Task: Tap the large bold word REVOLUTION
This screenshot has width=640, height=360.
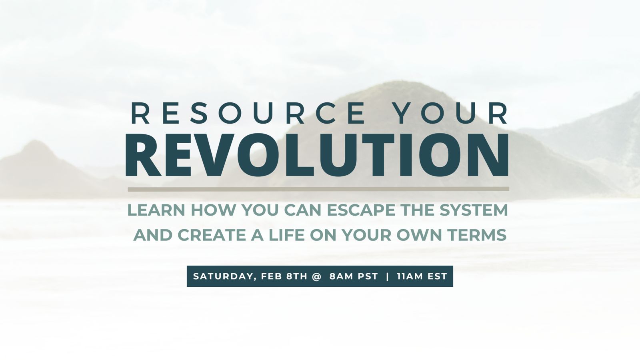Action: (x=317, y=155)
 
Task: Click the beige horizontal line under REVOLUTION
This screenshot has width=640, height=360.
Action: (x=318, y=189)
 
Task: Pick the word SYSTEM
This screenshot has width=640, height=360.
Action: (x=474, y=210)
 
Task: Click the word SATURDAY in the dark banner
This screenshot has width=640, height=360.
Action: (x=223, y=276)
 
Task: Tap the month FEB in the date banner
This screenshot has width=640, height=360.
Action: (x=272, y=276)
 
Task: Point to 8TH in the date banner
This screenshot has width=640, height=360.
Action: (x=297, y=276)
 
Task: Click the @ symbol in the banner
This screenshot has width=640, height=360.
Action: (x=316, y=276)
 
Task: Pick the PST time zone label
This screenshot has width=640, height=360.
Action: (x=368, y=276)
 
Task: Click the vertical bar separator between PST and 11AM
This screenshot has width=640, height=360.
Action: (x=387, y=276)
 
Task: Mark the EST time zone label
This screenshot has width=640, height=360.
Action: (x=436, y=276)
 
